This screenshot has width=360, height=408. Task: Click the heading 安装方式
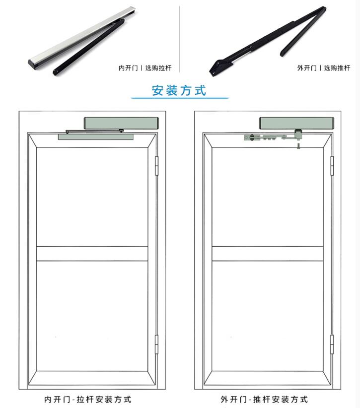tap(179, 90)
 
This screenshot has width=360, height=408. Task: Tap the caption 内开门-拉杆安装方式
tap(88, 399)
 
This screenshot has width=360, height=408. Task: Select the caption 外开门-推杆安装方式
tap(265, 399)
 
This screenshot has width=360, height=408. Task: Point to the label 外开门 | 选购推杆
tap(324, 68)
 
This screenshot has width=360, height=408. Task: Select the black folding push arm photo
tap(268, 40)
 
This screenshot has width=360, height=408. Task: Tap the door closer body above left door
tap(121, 122)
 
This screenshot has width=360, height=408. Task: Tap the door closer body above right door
tap(296, 122)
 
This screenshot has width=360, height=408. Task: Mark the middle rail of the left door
tap(92, 254)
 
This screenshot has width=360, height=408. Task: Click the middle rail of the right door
tap(268, 254)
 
